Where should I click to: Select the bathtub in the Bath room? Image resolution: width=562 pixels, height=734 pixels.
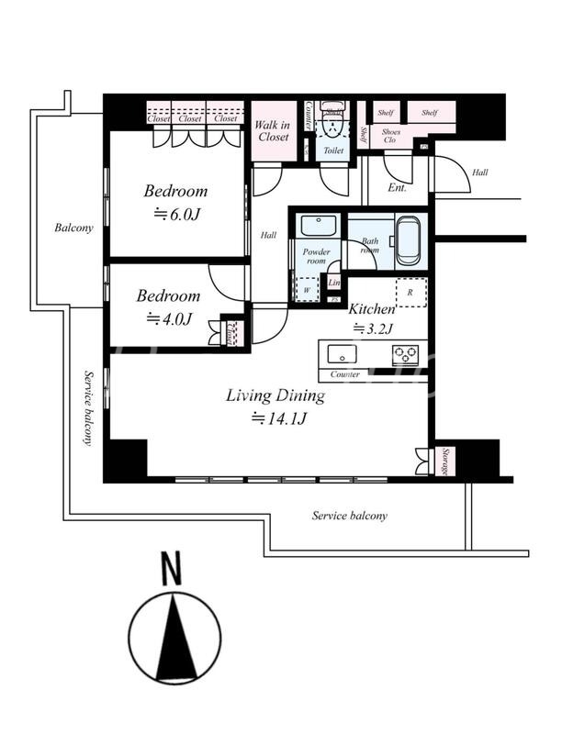pyautogui.click(x=408, y=240)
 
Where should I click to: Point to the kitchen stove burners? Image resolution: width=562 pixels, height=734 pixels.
pyautogui.click(x=404, y=353)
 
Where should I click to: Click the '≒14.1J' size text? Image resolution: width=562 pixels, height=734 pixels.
pyautogui.click(x=275, y=418)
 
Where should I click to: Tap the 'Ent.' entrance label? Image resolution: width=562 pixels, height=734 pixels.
pyautogui.click(x=397, y=187)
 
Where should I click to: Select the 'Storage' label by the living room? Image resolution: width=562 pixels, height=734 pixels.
pyautogui.click(x=444, y=461)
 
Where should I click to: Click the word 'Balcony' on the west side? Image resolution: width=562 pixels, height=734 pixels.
pyautogui.click(x=73, y=228)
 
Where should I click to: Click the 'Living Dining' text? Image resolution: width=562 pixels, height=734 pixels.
pyautogui.click(x=275, y=396)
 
